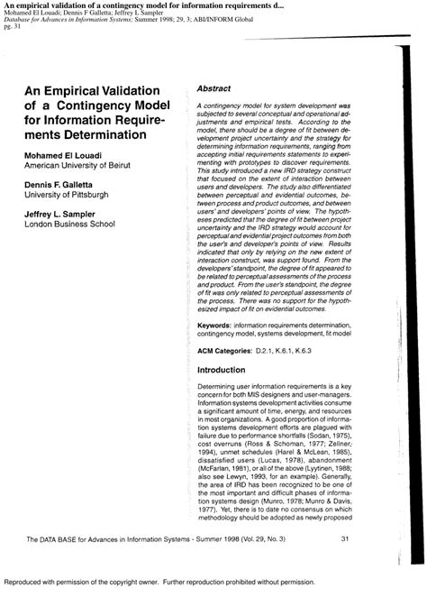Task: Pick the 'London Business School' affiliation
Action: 61,225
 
